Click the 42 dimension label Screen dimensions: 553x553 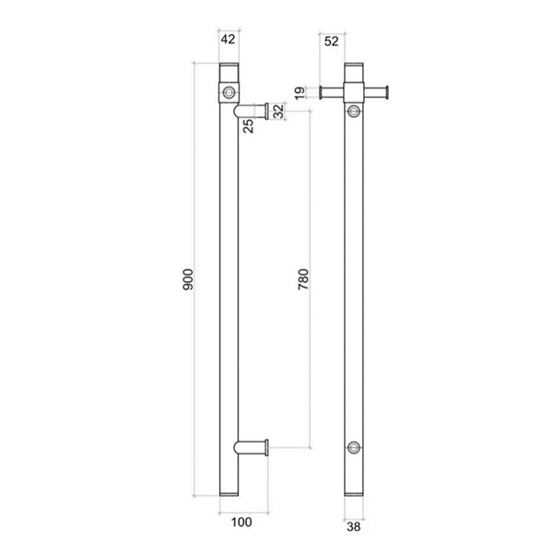(x=228, y=40)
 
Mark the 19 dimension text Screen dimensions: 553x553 (x=299, y=92)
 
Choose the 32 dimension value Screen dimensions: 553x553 (x=279, y=111)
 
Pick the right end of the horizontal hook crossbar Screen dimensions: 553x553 (x=390, y=91)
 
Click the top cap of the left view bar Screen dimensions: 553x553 (x=228, y=70)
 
